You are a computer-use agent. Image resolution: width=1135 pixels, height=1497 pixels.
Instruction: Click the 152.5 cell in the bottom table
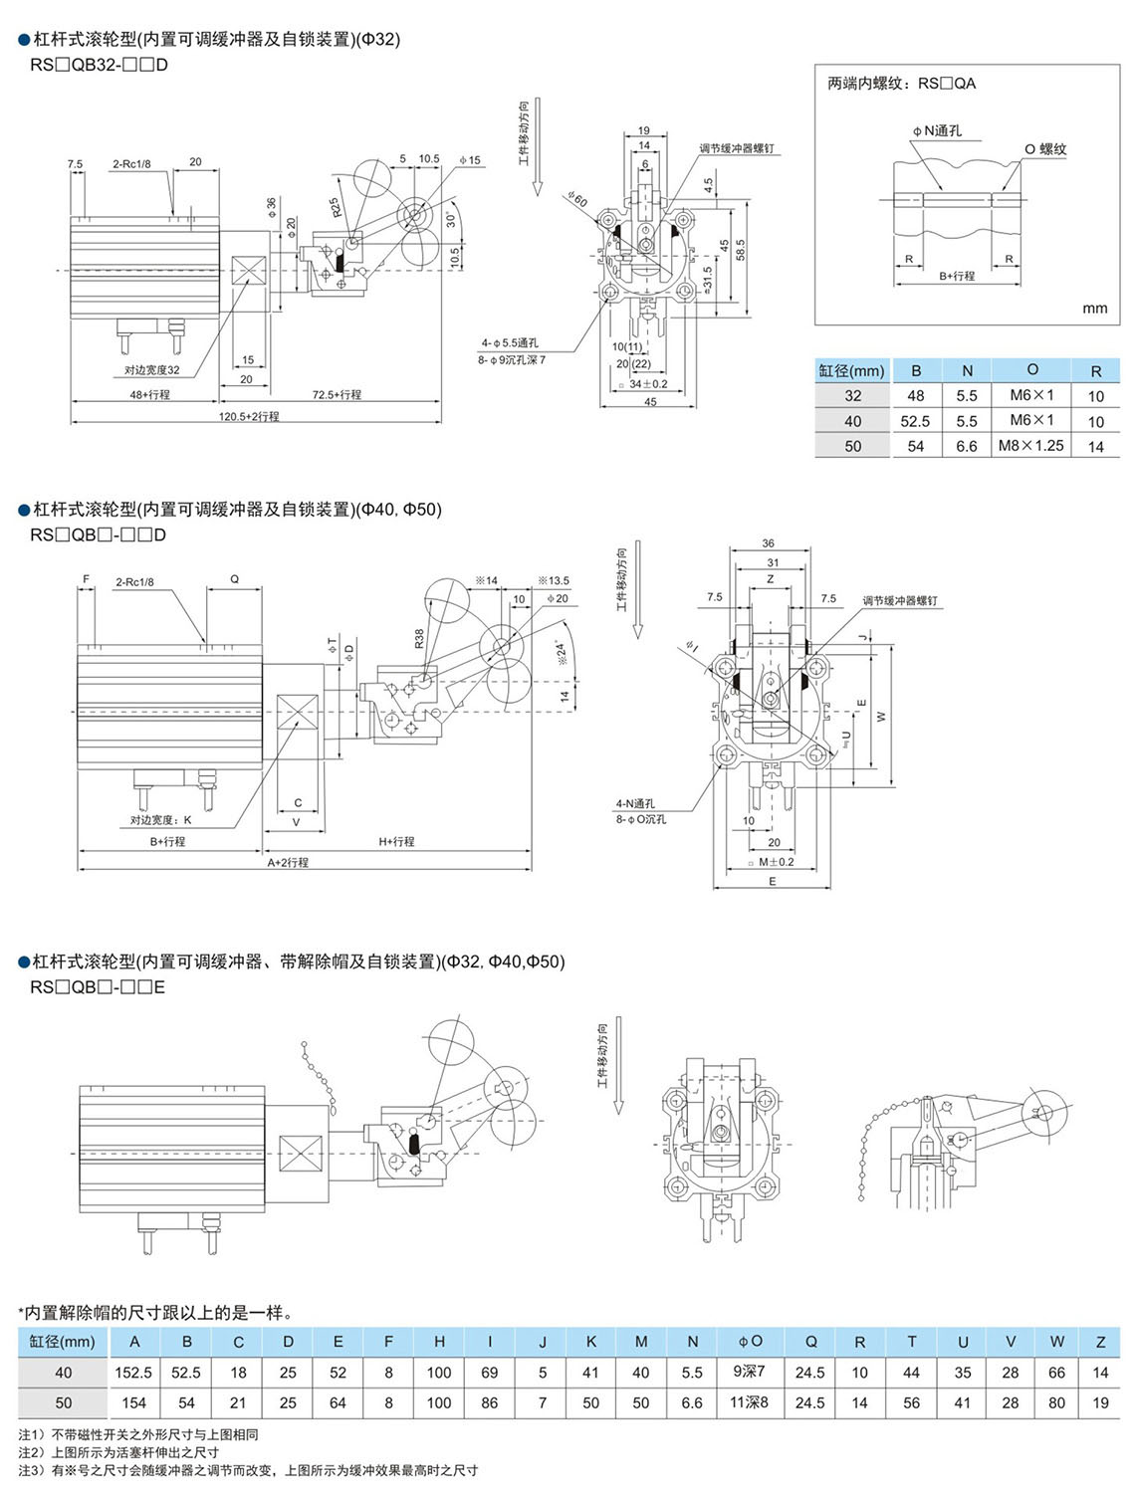[133, 1373]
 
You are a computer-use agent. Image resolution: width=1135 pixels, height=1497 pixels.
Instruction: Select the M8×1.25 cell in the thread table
[1031, 446]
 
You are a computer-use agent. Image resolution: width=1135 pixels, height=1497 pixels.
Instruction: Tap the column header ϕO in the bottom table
[750, 1342]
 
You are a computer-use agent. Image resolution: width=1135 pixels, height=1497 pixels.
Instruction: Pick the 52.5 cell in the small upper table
[916, 421]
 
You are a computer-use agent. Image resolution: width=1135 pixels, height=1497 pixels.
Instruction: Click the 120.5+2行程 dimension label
[249, 416]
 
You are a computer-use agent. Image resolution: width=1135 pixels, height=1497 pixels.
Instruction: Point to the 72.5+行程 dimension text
[337, 395]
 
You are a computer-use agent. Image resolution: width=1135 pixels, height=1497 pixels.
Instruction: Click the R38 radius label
[419, 638]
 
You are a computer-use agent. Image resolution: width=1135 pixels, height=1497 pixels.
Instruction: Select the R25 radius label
[336, 207]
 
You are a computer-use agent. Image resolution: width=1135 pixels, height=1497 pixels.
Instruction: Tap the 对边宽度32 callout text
[152, 370]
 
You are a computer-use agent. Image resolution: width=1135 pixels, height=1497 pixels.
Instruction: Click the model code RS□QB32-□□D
[99, 65]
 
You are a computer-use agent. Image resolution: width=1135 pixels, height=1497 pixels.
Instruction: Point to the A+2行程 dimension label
[288, 862]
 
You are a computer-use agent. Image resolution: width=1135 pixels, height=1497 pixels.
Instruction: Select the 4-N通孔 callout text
[635, 803]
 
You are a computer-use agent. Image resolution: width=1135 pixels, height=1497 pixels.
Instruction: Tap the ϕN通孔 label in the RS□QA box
[937, 131]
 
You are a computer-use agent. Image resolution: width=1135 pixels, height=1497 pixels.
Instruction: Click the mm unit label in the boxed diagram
[1094, 309]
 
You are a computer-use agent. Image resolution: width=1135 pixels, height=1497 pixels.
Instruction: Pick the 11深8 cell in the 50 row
[750, 1402]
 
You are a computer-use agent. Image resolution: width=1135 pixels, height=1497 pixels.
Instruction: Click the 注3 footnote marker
[30, 1470]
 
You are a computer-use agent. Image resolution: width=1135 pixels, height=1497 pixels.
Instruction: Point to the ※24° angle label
[562, 652]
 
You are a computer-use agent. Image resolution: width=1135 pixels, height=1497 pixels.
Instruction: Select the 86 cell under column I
[490, 1402]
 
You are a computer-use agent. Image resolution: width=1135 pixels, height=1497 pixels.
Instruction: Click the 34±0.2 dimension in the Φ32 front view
[648, 384]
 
